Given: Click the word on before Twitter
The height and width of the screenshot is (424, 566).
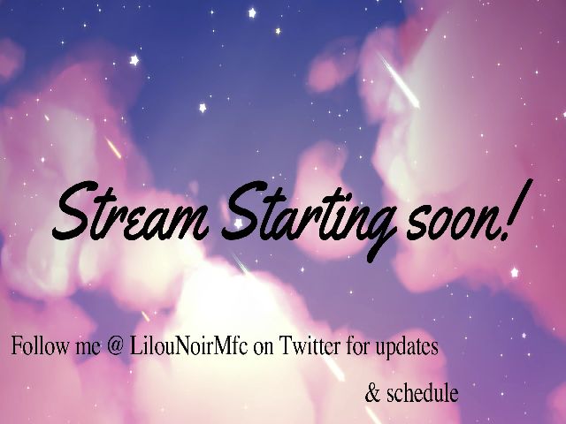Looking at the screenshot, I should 264,348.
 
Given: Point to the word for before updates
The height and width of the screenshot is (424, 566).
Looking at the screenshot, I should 354,347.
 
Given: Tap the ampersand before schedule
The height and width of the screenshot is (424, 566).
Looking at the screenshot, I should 371,392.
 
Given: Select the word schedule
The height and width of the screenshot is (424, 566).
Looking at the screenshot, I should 422,392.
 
